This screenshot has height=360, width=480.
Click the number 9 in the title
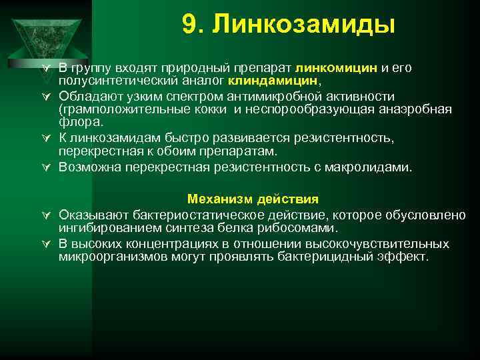click(189, 25)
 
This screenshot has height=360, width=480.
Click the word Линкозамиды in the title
click(304, 25)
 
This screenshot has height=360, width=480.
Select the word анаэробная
click(417, 109)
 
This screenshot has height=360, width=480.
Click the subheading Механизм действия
click(253, 199)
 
